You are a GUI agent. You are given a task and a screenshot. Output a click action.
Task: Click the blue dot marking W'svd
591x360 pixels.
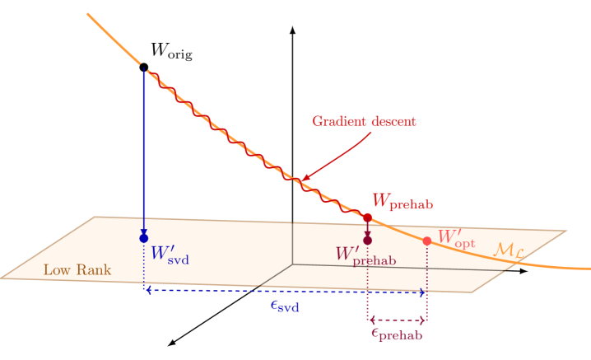click(144, 237)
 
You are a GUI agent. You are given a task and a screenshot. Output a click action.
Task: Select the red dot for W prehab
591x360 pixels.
click(368, 217)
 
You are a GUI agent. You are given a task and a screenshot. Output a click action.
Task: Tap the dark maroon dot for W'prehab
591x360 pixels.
click(367, 241)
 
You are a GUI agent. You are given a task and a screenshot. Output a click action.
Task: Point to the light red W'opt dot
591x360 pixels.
click(426, 241)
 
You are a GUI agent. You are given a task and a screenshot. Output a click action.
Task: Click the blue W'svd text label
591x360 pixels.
click(170, 253)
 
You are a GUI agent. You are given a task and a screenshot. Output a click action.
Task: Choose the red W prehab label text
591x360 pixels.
click(403, 201)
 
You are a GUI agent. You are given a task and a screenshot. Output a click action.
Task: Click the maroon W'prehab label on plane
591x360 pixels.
click(365, 255)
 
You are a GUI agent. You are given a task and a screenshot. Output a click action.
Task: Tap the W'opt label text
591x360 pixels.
click(456, 239)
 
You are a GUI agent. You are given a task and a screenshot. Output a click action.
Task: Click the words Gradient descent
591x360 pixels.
click(364, 121)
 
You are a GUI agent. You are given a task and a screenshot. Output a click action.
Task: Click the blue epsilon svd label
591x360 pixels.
click(285, 306)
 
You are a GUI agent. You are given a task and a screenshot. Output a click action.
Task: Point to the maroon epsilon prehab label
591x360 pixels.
click(397, 334)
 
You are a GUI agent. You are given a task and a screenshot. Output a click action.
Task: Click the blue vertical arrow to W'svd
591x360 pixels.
click(144, 148)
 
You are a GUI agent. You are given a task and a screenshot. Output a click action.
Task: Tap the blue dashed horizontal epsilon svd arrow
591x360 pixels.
click(247, 292)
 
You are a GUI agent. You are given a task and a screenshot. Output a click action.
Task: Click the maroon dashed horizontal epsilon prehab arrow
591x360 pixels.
click(397, 320)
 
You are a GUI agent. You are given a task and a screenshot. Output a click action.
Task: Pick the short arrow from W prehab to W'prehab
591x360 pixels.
click(368, 229)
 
